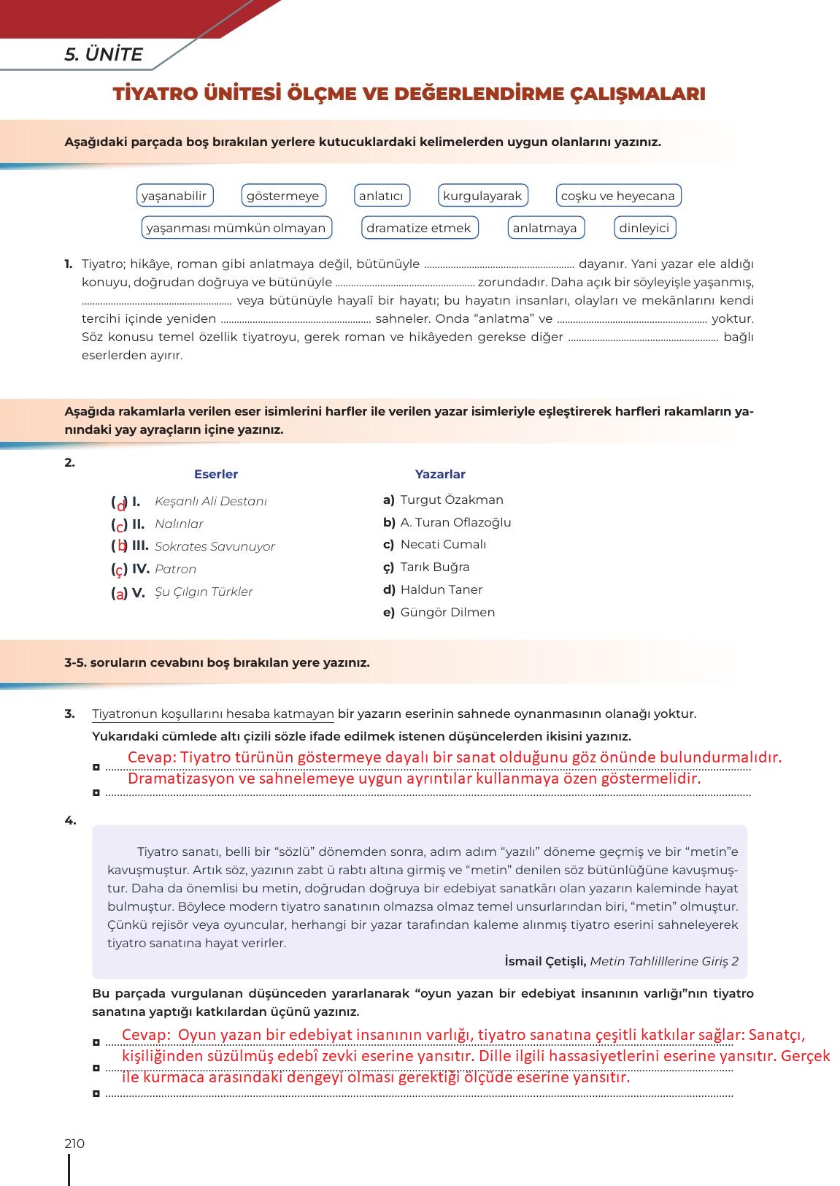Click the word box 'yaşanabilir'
[x=174, y=196]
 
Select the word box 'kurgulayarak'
[x=482, y=196]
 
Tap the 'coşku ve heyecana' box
[x=617, y=196]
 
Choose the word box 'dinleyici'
[x=644, y=228]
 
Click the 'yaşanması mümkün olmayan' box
[x=236, y=228]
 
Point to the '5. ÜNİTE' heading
[x=104, y=55]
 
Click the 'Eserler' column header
[x=216, y=475]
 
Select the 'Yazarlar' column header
[x=440, y=475]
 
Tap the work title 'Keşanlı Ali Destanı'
[x=211, y=502]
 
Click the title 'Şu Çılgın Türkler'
[x=204, y=592]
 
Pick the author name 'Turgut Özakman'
[x=452, y=500]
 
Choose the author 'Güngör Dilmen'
[x=447, y=613]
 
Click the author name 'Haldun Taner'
[x=441, y=590]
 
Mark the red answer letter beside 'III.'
[x=123, y=546]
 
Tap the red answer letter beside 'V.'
[x=120, y=594]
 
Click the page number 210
[x=74, y=1144]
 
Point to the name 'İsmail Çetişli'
[x=545, y=961]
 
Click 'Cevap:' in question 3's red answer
[x=152, y=757]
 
